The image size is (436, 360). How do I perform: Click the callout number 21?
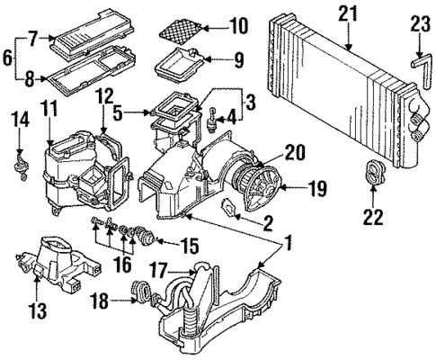[346, 13]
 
